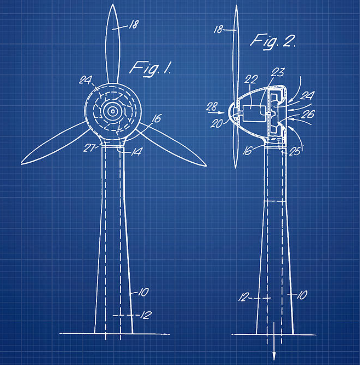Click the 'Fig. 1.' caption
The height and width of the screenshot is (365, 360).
click(x=151, y=69)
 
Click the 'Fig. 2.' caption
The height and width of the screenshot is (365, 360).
click(x=273, y=42)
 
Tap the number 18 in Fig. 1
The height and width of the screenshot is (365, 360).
click(x=134, y=25)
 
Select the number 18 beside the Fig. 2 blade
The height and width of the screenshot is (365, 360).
click(x=218, y=30)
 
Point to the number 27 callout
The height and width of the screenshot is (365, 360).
click(x=89, y=148)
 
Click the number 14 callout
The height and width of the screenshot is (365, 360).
click(x=137, y=152)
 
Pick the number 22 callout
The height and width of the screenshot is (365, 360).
click(x=251, y=79)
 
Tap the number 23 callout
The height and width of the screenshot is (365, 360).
click(x=278, y=72)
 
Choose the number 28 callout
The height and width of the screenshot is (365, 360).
click(x=212, y=106)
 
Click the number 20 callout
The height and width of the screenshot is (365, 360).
click(x=216, y=123)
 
